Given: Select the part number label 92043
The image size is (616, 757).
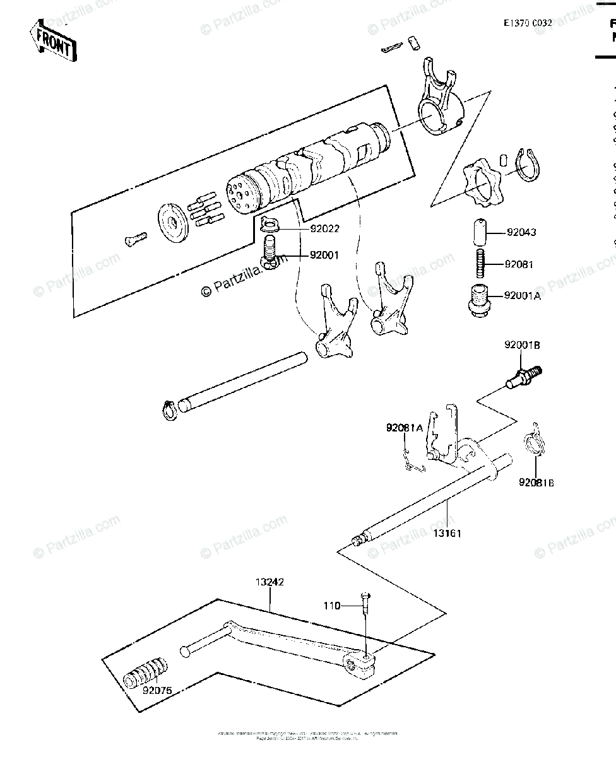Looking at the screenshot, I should tap(521, 232).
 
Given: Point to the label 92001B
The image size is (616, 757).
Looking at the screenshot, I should tap(522, 346).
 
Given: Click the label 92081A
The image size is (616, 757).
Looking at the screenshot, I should tap(405, 428).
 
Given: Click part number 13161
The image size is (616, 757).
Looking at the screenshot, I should tap(447, 533).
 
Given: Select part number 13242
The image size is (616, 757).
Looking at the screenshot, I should tap(269, 582).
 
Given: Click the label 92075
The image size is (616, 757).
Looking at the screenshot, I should tap(157, 690).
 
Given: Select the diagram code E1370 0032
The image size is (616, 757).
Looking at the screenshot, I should tap(528, 23).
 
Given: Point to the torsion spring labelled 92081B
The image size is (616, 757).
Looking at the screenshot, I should tap(535, 442).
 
